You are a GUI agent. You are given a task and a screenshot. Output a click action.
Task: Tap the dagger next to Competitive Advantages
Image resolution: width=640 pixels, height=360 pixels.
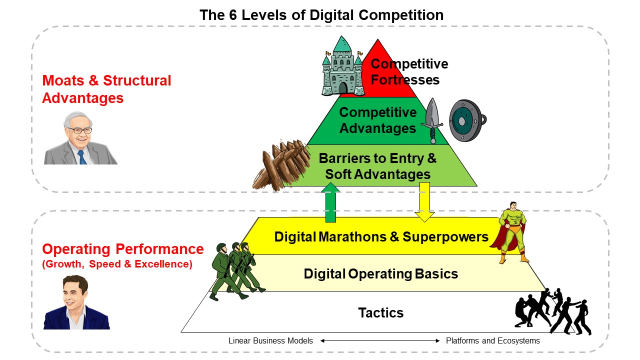[432, 120]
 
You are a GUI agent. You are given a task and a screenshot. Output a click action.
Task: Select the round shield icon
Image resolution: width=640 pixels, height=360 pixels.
[467, 120]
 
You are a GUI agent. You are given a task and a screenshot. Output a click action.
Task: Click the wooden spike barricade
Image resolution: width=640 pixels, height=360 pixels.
[281, 165]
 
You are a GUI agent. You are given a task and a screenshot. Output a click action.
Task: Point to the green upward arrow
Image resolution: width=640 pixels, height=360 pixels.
[330, 202]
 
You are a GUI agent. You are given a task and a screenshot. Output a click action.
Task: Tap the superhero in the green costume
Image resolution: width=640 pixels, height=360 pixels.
[512, 232]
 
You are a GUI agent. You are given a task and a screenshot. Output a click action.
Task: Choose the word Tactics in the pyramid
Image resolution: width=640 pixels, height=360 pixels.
[381, 312]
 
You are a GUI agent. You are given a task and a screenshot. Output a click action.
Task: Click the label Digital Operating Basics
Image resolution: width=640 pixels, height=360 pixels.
[381, 273]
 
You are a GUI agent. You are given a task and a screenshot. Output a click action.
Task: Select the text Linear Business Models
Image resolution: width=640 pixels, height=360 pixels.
[270, 340]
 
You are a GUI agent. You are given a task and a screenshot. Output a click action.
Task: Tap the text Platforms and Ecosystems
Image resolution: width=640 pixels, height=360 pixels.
[493, 340]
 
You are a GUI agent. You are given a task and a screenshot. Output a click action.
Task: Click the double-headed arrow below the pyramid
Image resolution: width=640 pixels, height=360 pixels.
[379, 340]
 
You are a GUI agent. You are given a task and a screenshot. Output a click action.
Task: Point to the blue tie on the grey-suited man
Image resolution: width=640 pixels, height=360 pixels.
[82, 157]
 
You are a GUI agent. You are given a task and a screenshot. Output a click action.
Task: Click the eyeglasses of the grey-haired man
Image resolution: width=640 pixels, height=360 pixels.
[79, 130]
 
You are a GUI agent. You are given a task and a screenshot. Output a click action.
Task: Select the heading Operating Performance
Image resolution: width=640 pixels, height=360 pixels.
[123, 249]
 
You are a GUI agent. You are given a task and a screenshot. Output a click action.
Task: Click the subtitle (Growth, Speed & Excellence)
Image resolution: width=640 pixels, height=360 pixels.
[117, 264]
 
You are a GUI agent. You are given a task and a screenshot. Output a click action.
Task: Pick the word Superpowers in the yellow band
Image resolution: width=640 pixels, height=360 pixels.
[445, 237]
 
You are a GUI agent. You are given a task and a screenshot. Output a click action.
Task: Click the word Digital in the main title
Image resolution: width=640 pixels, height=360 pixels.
[331, 15]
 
